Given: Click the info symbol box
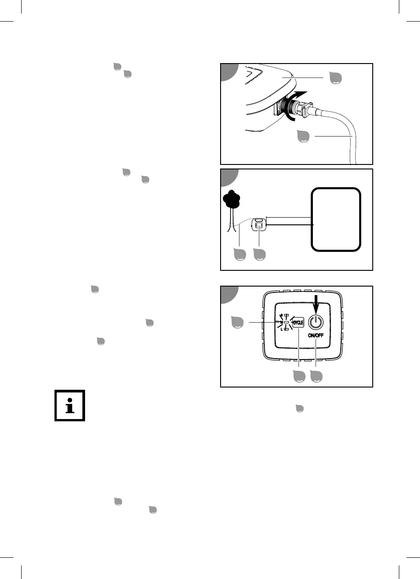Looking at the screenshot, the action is coord(70,405).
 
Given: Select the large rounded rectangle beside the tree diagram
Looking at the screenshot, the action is coord(336,219).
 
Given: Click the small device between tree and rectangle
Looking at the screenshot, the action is coord(259,224).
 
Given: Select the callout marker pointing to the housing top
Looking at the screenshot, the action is coord(335,78).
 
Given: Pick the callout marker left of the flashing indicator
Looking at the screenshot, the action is coord(237,323).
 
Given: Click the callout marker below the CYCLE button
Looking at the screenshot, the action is coord(299,376).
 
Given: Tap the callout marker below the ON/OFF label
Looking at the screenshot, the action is coord(316,376).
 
